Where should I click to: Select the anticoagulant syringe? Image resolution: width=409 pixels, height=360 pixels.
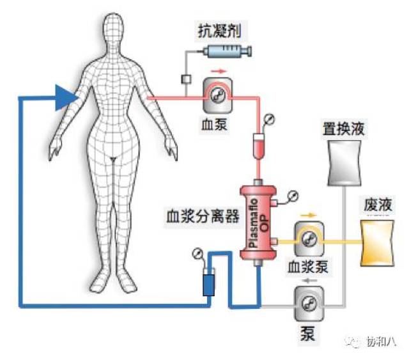point(225,52)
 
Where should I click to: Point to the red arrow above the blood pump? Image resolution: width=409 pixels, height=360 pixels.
point(219,72)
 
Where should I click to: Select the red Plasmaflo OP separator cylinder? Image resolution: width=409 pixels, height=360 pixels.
point(259,221)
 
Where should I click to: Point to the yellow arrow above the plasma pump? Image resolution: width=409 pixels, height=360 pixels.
point(309,214)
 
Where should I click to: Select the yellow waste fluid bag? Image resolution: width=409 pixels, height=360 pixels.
point(377,242)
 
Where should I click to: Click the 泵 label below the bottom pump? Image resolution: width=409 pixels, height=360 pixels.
point(307,333)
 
